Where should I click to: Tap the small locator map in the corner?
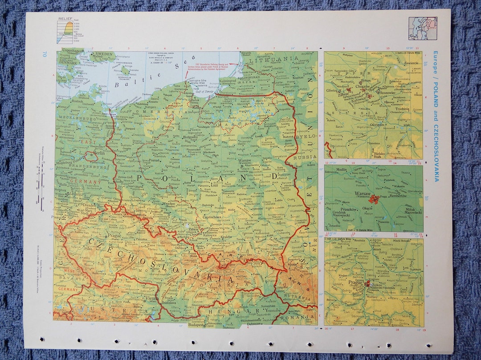(x=423, y=28)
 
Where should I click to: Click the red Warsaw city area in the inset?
(x=374, y=198)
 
